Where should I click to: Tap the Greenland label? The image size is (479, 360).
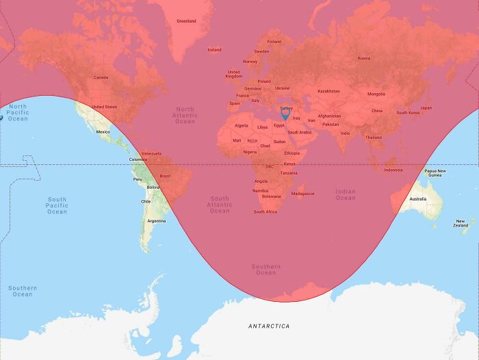[186, 21]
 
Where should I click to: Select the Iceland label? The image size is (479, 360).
[214, 49]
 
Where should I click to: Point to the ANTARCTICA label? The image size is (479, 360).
[268, 326]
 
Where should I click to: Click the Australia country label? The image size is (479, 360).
[417, 199]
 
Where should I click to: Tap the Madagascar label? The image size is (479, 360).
[302, 194]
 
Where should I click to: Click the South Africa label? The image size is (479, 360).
[266, 212]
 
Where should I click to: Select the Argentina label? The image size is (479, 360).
[157, 221]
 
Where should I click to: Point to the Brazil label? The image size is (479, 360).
[165, 176]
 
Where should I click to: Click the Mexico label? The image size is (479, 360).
[103, 131]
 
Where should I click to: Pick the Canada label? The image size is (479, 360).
[101, 77]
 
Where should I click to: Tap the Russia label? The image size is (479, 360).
[363, 58]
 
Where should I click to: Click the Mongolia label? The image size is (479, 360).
[376, 94]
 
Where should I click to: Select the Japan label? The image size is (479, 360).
[426, 107]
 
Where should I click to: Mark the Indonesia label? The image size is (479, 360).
[393, 170]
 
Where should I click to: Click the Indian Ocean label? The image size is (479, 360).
[346, 194]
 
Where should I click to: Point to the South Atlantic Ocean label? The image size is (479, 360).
[220, 205]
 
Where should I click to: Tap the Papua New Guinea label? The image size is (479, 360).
[435, 173]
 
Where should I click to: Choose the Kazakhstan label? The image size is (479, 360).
[328, 91]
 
